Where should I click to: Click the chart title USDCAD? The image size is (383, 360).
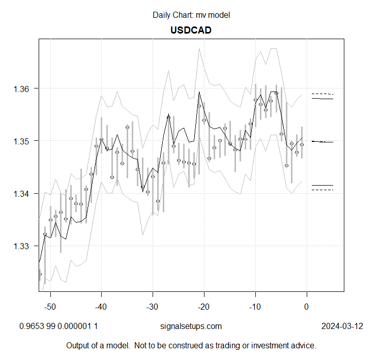click(191, 30)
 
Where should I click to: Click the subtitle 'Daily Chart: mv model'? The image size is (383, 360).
click(191, 15)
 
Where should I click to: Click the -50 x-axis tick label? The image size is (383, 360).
click(50, 307)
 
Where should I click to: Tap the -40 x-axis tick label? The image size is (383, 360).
click(101, 307)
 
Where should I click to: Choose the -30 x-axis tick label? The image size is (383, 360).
click(153, 307)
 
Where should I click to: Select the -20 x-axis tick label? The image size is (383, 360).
click(203, 307)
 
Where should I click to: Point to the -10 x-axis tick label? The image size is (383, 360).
click(255, 307)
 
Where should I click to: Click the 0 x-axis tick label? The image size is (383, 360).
click(306, 307)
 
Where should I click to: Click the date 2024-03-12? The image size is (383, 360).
click(342, 326)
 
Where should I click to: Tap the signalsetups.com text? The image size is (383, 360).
click(191, 326)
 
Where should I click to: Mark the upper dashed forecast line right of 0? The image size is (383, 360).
click(322, 94)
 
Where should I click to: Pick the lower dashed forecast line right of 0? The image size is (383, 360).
click(322, 190)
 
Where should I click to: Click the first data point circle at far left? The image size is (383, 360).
click(40, 274)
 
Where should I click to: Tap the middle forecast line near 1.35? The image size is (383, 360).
click(322, 142)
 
